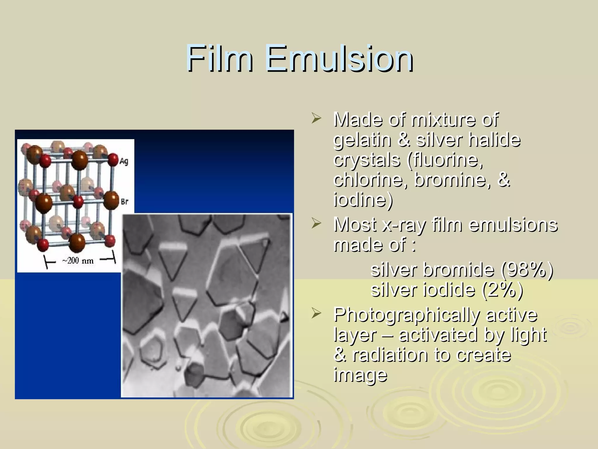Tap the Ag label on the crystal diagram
(124, 161)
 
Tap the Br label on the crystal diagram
(124, 201)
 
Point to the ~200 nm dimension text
(78, 260)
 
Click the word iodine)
(363, 200)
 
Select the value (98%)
(526, 270)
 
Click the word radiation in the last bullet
(390, 355)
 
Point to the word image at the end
(360, 375)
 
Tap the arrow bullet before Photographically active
(316, 314)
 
